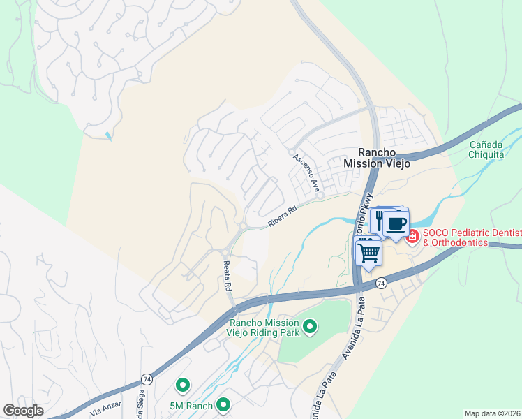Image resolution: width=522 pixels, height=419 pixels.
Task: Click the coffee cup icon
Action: point(396,224)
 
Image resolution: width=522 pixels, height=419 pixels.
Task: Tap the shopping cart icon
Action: point(369,251)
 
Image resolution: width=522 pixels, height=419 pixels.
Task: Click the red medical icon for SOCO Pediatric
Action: point(412,237)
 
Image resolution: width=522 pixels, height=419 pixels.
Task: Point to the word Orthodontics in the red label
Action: point(459,242)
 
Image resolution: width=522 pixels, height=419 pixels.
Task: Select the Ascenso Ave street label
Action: point(306,173)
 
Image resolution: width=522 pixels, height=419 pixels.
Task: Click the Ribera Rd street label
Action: point(282,216)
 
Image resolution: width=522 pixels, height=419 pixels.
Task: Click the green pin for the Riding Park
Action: point(310,326)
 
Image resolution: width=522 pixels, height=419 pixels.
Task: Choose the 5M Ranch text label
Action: point(191,405)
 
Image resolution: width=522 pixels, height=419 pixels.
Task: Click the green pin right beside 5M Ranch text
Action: point(223,404)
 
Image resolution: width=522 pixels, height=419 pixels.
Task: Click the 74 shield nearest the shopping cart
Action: point(380,283)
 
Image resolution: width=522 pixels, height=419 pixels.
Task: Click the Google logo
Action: point(23,411)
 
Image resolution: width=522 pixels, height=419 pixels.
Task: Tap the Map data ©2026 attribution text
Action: point(492,413)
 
